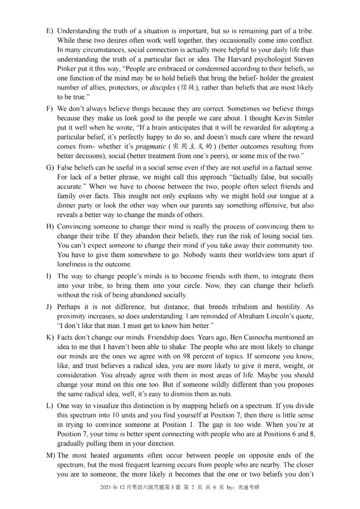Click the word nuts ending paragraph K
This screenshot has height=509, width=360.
[224, 394]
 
